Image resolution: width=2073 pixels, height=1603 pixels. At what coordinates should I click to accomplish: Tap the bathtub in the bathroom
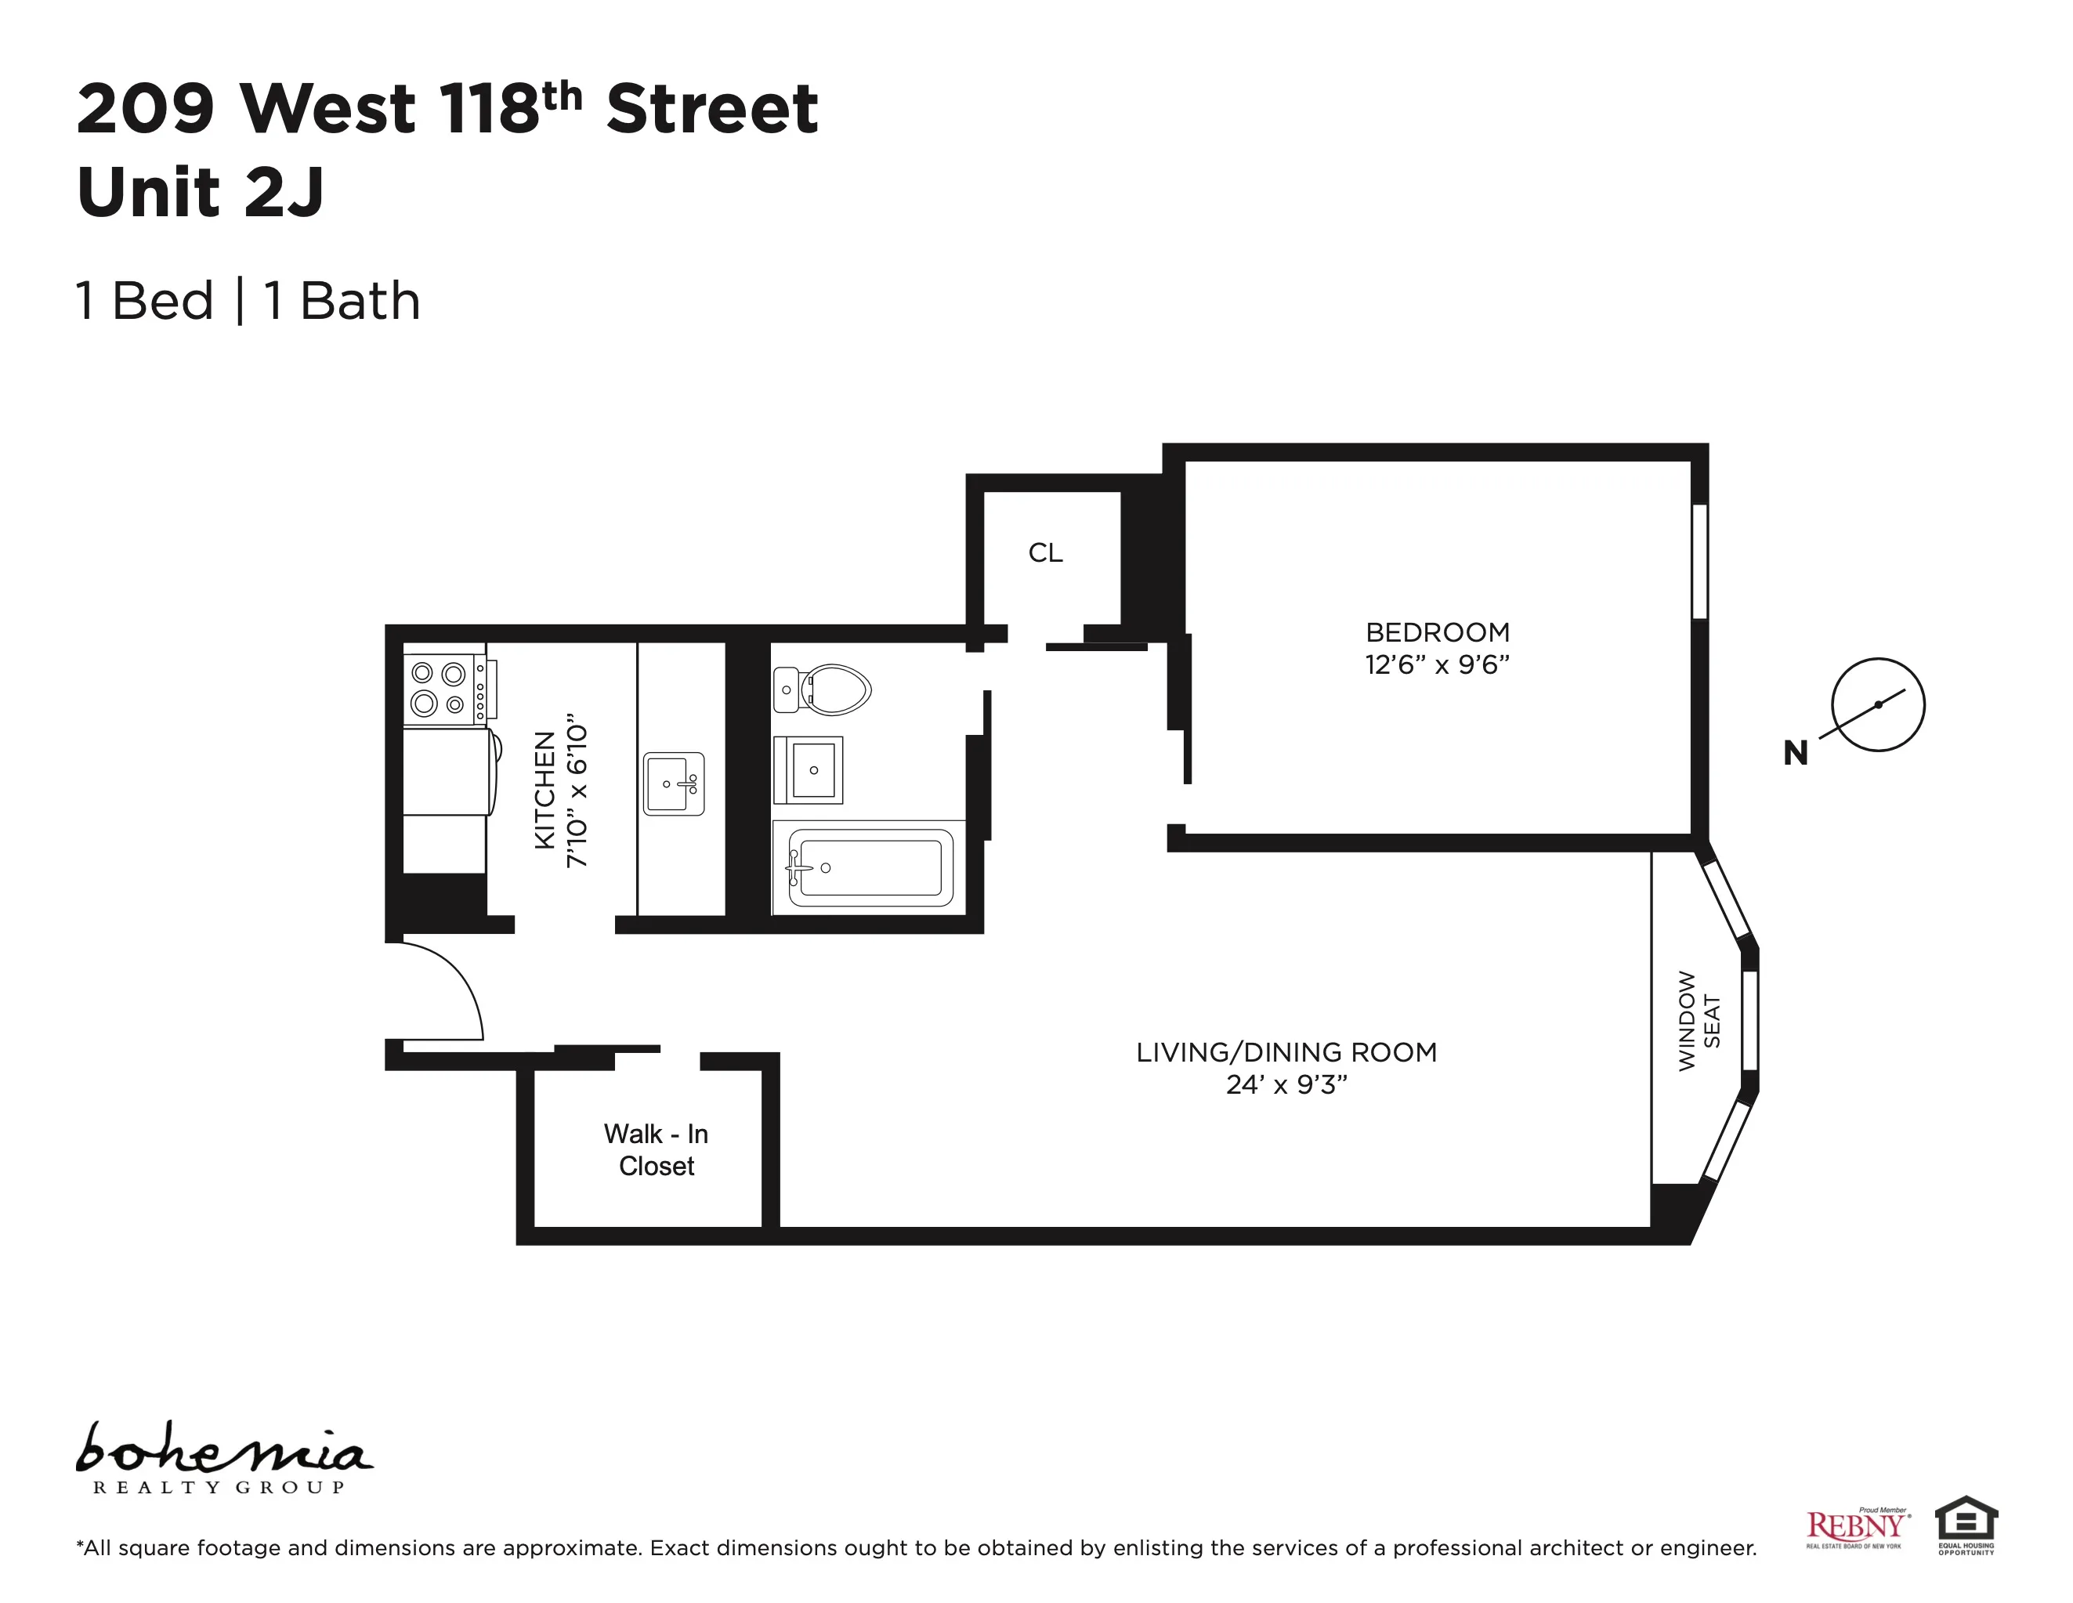(x=869, y=867)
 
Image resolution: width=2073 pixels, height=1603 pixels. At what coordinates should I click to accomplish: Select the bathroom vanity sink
(x=809, y=769)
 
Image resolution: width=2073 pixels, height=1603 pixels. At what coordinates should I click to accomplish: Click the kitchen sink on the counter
(x=673, y=784)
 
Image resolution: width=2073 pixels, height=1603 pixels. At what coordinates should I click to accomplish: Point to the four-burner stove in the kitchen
(x=440, y=689)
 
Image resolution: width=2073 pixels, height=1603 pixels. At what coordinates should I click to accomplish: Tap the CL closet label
(x=1045, y=552)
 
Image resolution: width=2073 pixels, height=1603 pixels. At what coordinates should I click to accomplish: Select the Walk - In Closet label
(x=656, y=1149)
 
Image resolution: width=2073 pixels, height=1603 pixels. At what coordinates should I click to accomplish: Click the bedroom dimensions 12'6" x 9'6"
(x=1436, y=664)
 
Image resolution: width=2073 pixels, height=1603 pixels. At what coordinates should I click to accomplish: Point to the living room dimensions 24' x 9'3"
(x=1286, y=1084)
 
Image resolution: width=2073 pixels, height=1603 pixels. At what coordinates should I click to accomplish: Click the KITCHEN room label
(x=544, y=790)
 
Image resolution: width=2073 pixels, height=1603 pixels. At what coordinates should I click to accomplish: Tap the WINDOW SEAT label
(x=1698, y=1021)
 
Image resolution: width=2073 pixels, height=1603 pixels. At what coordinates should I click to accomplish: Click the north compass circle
(x=1876, y=704)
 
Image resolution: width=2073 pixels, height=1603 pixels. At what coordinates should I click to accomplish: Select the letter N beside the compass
(x=1795, y=753)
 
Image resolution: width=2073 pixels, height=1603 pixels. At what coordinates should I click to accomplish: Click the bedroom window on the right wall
(x=1699, y=561)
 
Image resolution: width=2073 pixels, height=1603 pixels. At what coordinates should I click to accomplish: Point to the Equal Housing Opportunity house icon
(x=1966, y=1521)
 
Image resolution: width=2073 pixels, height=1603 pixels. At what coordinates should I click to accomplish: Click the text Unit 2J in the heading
(x=201, y=192)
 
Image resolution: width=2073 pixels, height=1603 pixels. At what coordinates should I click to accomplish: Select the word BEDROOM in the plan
(x=1436, y=632)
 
